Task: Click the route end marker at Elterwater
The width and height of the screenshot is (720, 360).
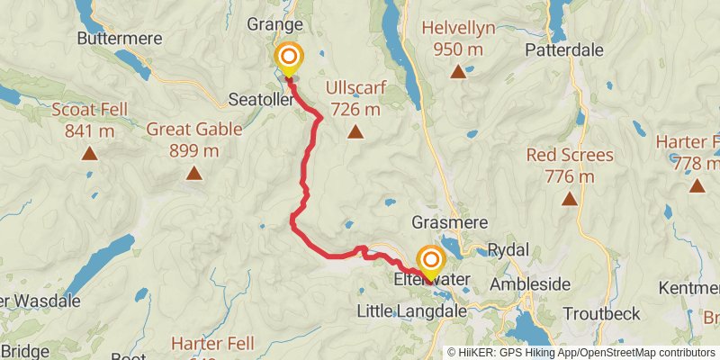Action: [429, 263]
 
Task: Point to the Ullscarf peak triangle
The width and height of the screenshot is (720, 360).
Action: [355, 133]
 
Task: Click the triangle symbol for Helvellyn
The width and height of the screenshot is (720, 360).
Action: [459, 72]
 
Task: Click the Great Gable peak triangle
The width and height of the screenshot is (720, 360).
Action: [194, 172]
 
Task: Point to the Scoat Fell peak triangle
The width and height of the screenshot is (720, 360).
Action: [89, 153]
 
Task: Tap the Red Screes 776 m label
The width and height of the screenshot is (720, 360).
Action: [570, 166]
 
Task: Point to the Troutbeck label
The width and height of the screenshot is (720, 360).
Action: [602, 313]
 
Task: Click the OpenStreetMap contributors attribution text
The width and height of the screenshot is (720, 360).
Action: [644, 352]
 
